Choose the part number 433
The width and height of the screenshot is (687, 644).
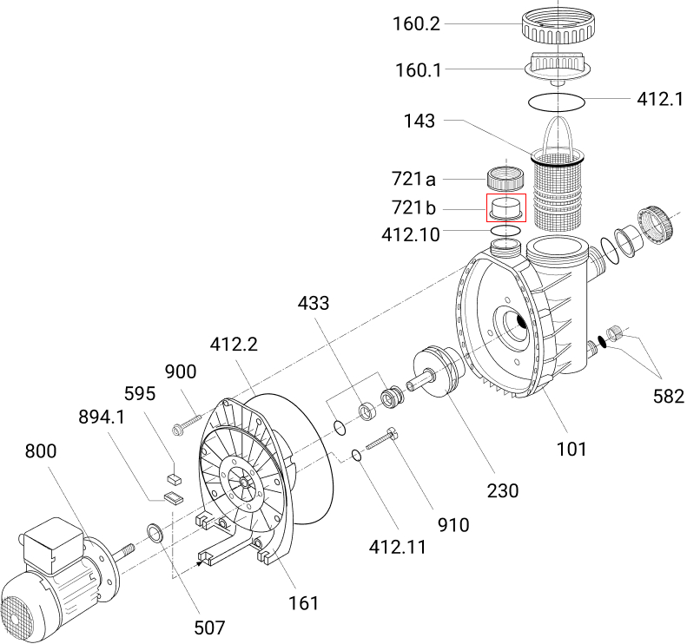coord(314,304)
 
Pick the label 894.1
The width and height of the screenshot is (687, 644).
coord(102,417)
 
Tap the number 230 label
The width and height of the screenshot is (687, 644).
coord(502,490)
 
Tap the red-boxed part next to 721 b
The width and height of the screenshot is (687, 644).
coord(505,208)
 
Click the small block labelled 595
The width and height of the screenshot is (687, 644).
coord(175,476)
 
